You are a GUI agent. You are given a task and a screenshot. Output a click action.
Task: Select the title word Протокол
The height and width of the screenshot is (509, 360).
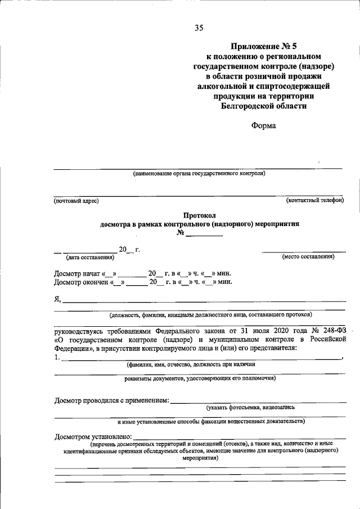[x=200, y=215]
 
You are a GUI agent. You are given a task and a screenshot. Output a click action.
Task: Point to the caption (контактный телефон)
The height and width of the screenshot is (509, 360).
[x=314, y=200]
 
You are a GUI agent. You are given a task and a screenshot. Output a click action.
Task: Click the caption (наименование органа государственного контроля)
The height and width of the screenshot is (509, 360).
[x=199, y=174]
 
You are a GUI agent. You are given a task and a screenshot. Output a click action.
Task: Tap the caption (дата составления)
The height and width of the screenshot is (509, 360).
[x=90, y=257]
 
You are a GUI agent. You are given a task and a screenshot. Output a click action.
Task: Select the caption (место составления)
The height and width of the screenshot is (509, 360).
[x=308, y=256]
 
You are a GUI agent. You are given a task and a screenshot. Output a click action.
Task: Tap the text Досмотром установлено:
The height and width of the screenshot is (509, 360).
[x=93, y=436]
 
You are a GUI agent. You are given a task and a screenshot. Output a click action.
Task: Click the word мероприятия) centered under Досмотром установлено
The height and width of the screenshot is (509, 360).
[x=200, y=458]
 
